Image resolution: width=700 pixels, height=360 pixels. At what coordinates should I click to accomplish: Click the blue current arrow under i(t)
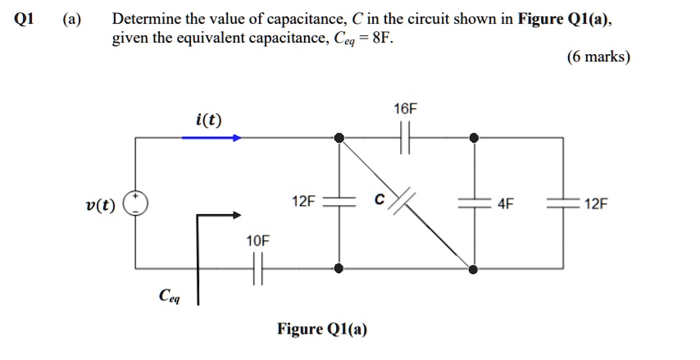[211, 138]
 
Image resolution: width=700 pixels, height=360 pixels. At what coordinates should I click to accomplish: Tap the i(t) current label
[208, 121]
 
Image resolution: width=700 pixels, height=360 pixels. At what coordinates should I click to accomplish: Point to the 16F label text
[405, 109]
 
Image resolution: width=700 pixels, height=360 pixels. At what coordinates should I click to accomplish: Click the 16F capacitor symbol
[405, 138]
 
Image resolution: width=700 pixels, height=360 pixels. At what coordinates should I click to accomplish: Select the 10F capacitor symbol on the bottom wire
[257, 267]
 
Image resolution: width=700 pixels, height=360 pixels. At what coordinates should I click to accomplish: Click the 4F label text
[506, 203]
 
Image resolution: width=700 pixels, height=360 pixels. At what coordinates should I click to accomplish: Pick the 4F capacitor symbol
[473, 203]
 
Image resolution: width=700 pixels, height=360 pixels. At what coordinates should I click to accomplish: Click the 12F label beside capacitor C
[302, 201]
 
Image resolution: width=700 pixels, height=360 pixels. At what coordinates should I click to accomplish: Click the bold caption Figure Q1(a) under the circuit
[322, 330]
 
